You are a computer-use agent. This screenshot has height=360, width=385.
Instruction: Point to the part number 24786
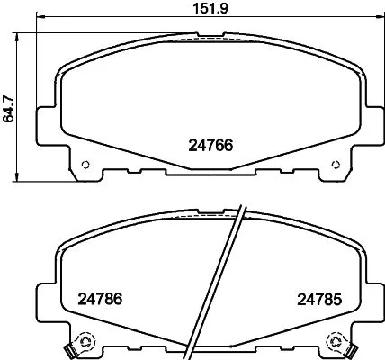click(99, 299)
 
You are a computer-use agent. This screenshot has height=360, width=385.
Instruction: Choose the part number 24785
click(318, 299)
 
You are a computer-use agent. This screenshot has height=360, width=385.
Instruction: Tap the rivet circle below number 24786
click(86, 341)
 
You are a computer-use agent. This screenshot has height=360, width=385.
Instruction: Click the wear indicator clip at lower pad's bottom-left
click(69, 347)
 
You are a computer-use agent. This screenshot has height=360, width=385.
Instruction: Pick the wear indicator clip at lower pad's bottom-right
click(352, 347)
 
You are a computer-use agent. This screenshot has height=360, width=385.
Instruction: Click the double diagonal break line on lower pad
click(232, 279)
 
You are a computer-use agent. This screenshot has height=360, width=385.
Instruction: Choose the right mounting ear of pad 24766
click(372, 124)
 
